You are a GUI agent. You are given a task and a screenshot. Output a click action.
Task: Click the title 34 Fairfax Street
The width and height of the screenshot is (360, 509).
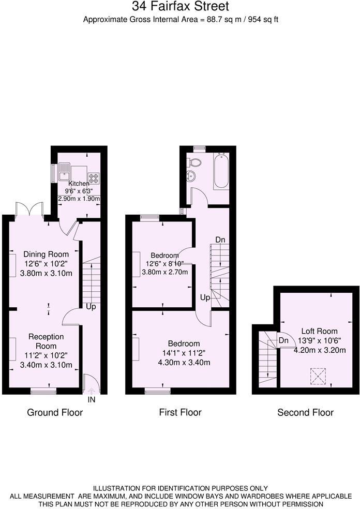pyautogui.click(x=180, y=7)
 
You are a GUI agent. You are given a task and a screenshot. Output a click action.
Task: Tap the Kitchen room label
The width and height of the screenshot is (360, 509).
pyautogui.click(x=79, y=184)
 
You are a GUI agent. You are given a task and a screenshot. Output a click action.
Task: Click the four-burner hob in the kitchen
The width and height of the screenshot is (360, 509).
pyautogui.click(x=94, y=178)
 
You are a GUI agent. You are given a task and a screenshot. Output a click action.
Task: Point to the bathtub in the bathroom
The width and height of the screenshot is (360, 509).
pyautogui.click(x=221, y=171)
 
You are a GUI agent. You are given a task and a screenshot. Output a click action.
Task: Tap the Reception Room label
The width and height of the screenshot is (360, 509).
pyautogui.click(x=46, y=341)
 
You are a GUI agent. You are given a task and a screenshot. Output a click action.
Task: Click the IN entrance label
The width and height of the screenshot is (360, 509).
pyautogui.click(x=92, y=399)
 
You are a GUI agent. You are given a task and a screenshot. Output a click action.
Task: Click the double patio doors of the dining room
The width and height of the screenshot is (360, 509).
pyautogui.click(x=29, y=209)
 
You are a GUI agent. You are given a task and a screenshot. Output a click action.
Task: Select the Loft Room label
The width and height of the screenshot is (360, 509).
pyautogui.click(x=320, y=331)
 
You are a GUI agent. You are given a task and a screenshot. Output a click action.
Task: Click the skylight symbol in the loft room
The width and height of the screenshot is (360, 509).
pyautogui.click(x=317, y=376)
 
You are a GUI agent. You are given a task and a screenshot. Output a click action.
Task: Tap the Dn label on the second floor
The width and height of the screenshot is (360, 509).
pyautogui.click(x=283, y=340)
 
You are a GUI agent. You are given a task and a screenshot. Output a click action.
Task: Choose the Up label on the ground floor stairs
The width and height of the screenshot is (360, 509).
pyautogui.click(x=91, y=307)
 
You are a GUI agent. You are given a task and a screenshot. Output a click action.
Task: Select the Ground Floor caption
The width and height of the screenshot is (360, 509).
pyautogui.click(x=55, y=412)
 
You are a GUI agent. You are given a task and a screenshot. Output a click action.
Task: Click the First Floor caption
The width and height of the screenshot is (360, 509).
pyautogui.click(x=180, y=412)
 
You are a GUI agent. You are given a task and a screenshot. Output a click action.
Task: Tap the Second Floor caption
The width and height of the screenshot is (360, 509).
pyautogui.click(x=305, y=412)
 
